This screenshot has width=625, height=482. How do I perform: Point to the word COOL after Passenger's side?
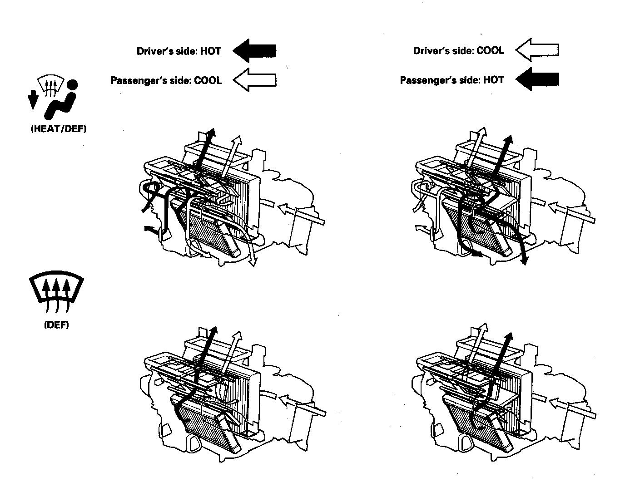[208, 81]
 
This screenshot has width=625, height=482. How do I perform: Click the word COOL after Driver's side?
[490, 50]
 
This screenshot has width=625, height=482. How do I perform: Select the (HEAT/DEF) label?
[58, 129]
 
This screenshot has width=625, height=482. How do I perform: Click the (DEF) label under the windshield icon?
[56, 325]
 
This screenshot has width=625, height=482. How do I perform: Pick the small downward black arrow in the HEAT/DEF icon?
[32, 99]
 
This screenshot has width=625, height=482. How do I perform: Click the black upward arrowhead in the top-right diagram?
[510, 139]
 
